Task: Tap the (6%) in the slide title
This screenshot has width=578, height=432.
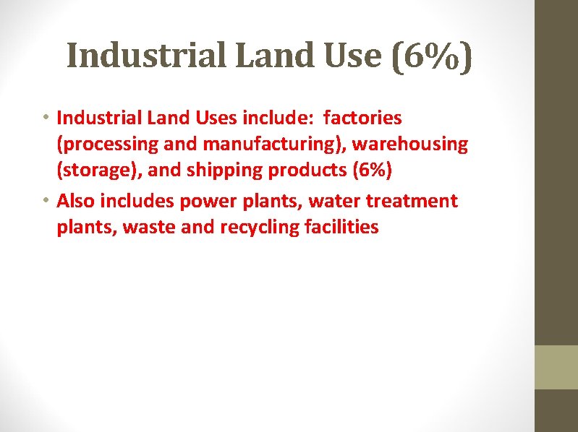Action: coord(431,55)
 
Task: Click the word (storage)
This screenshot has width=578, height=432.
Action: coord(93,172)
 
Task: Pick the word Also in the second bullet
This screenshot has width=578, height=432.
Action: coord(76,200)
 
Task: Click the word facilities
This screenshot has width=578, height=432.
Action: coord(344,228)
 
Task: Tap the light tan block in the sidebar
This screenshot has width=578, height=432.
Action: coord(556,367)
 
